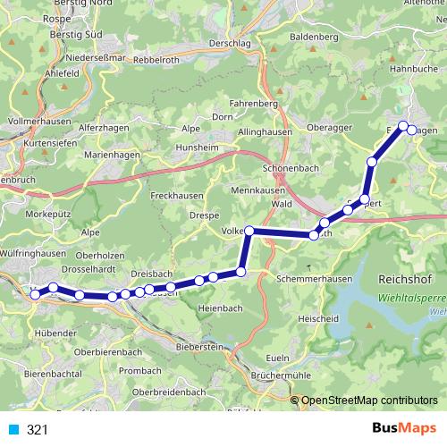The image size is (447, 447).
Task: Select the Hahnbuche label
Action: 413,68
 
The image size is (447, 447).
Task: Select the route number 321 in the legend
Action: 37,430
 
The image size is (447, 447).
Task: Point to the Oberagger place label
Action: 330,127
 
